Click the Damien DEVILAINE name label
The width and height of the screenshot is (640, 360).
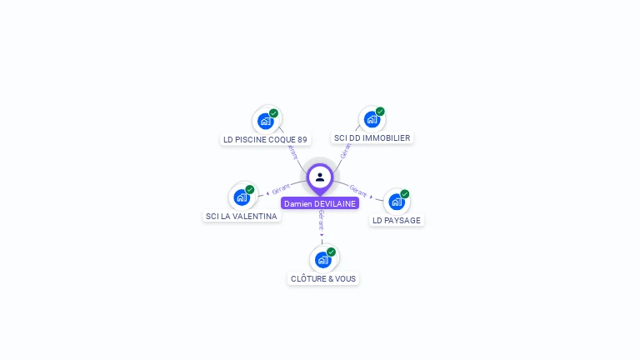[320, 203]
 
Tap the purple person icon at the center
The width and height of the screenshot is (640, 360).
[320, 177]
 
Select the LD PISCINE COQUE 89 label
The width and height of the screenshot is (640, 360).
[265, 139]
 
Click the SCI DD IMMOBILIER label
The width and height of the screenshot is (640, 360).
[372, 137]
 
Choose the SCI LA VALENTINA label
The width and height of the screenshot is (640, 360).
[242, 216]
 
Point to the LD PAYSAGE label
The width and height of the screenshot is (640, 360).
[397, 220]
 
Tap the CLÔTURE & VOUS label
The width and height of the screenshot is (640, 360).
[324, 278]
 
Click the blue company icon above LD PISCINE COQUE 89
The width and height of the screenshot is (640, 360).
[266, 121]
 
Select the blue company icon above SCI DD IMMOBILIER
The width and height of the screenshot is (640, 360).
[372, 119]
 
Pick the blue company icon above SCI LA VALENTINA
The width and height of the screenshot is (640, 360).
[242, 197]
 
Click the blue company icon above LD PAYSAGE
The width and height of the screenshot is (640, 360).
[397, 202]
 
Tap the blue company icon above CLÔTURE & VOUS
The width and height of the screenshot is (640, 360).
[323, 259]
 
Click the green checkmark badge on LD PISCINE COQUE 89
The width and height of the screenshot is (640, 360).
[273, 113]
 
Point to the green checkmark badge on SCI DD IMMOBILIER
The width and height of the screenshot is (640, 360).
[380, 112]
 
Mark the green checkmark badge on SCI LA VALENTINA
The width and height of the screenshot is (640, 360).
[250, 190]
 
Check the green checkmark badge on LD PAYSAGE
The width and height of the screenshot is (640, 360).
[405, 194]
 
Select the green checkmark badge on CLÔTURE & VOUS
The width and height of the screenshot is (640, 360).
[331, 252]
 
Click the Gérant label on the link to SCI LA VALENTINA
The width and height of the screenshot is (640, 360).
[281, 189]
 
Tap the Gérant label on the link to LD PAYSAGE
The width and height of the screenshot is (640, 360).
[359, 191]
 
